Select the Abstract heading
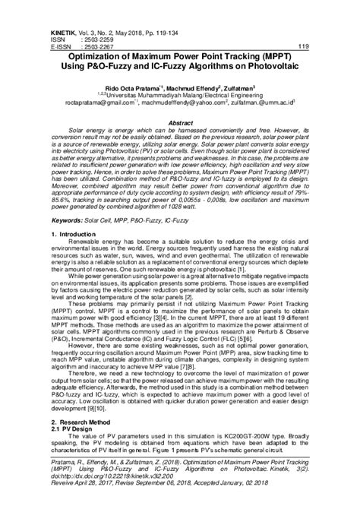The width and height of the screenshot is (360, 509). (180, 122)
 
